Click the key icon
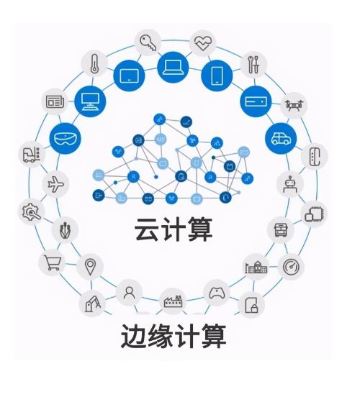click(148, 42)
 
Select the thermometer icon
click(94, 63)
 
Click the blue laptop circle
click(173, 68)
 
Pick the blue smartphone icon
click(217, 76)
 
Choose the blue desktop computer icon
click(90, 101)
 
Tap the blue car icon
click(281, 138)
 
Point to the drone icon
click(294, 105)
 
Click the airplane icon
click(55, 184)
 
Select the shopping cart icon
click(53, 263)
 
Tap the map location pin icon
click(90, 267)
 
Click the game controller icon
click(217, 293)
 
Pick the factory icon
click(173, 301)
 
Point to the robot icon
click(290, 184)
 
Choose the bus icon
click(280, 230)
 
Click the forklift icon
click(32, 155)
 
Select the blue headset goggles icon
click(65, 139)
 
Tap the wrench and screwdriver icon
click(253, 64)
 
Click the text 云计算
click(174, 229)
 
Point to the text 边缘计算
click(174, 336)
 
